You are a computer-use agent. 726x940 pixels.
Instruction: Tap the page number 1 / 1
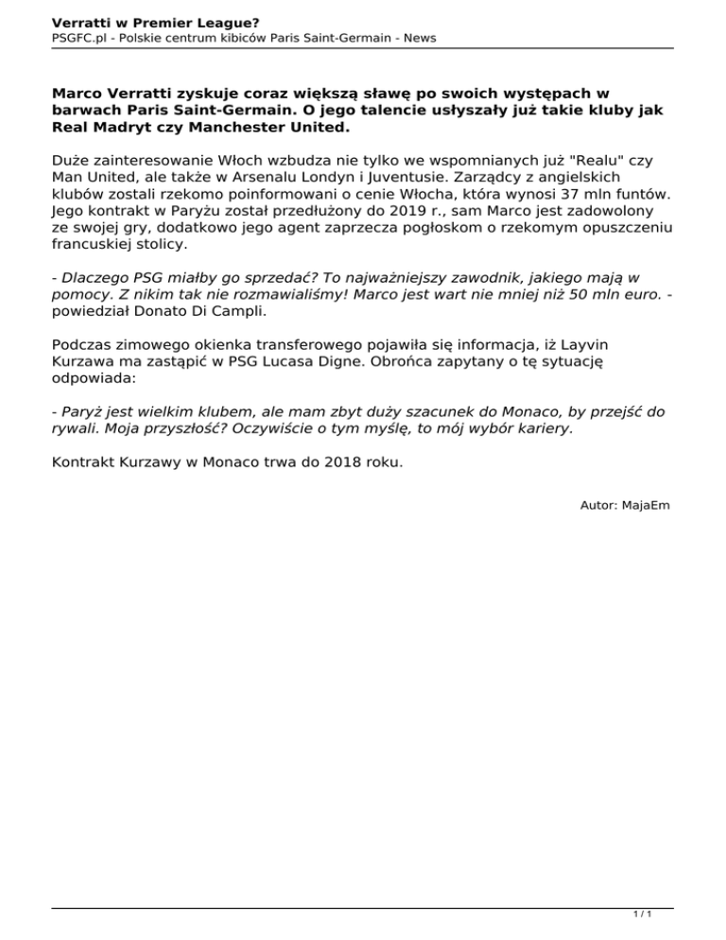[641, 915]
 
